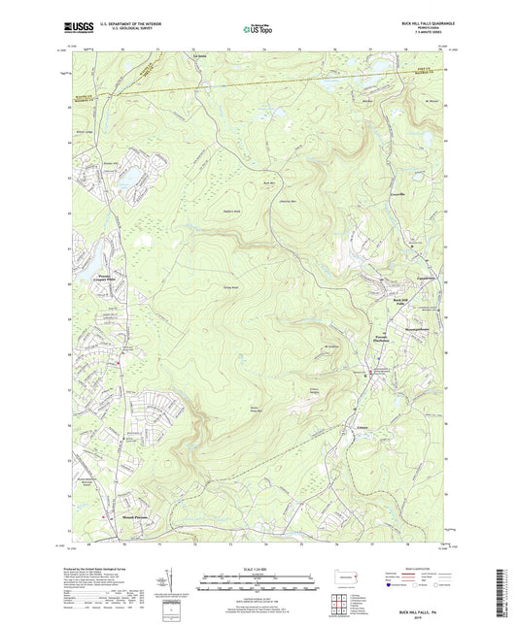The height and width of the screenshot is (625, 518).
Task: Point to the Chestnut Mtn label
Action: [x=290, y=200]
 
